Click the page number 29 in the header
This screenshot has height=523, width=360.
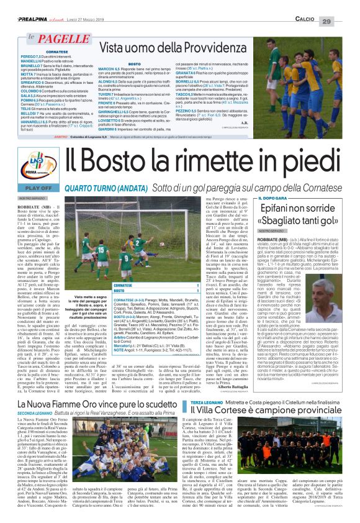(344, 5)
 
